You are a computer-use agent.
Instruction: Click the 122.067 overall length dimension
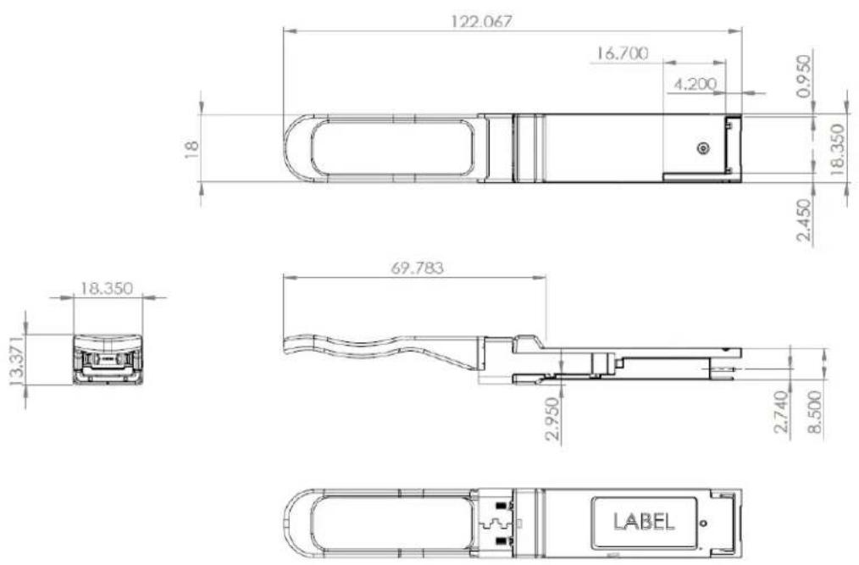point(482,21)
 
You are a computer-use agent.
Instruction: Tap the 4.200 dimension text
point(695,84)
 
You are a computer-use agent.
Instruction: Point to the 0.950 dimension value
point(804,75)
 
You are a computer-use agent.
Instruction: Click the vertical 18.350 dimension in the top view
point(837,149)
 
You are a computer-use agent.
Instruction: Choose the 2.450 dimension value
point(804,220)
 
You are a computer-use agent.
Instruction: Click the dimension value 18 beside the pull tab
point(191,149)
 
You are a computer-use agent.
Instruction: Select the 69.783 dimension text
point(417,269)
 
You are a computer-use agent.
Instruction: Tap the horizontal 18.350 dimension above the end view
point(107,288)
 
